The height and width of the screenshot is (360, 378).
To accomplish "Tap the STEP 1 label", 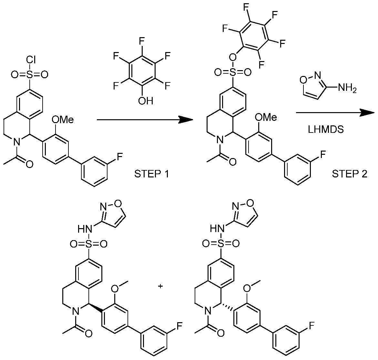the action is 151,174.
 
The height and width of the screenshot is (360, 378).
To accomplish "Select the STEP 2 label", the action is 350,174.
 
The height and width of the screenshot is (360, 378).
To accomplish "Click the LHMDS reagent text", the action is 326,130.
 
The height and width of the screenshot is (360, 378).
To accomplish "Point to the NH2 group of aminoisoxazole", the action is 347,88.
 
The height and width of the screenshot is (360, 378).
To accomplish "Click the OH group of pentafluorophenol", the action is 146,101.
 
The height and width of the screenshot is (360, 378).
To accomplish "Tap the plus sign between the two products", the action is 160,286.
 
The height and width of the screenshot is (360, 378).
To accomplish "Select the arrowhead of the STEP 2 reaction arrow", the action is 367,113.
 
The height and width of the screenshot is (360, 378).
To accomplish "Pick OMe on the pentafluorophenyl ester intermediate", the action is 266,117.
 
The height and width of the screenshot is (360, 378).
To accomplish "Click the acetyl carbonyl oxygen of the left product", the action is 88,334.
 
